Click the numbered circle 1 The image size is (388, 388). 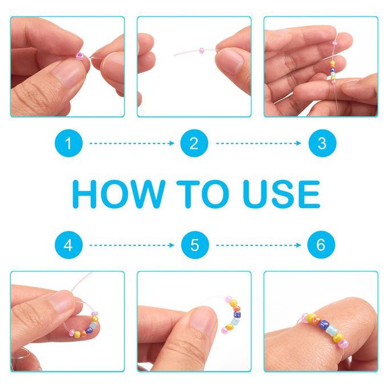coord(68,143)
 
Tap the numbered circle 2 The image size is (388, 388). coord(194,143)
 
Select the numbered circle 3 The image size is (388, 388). coord(322,143)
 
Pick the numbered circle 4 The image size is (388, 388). coord(68,245)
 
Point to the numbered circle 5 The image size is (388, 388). coord(195,245)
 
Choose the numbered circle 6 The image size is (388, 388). coord(321,245)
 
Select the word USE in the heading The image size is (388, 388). coord(282,194)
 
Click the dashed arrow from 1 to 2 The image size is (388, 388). coord(132,143)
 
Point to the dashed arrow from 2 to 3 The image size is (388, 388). coord(258,143)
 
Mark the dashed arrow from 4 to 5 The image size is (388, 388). coord(132,245)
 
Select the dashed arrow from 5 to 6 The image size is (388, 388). coord(258,245)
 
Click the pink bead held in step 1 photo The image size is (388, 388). coord(80,55)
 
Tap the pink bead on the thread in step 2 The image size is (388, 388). coord(201,50)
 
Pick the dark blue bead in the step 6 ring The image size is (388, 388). coord(324,325)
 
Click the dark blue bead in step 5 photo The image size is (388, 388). coord(237,315)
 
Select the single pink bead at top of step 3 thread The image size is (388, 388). coord(334,43)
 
